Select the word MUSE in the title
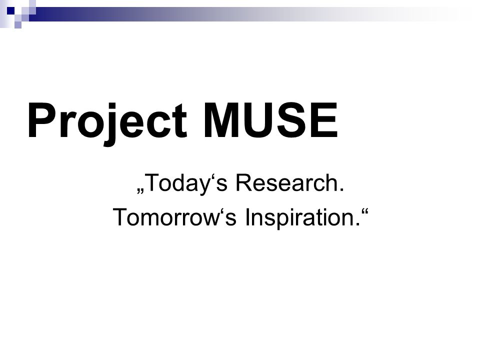click(270, 120)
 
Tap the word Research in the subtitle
click(286, 183)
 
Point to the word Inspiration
click(299, 217)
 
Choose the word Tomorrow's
click(175, 217)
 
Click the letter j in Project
click(112, 124)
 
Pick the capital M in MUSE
click(221, 120)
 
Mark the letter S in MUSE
click(294, 120)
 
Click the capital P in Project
click(41, 120)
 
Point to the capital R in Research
click(244, 183)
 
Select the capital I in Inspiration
click(247, 217)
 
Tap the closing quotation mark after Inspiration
click(365, 211)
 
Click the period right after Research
click(341, 190)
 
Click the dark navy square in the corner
click(10, 10)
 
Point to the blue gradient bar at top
click(245, 14)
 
